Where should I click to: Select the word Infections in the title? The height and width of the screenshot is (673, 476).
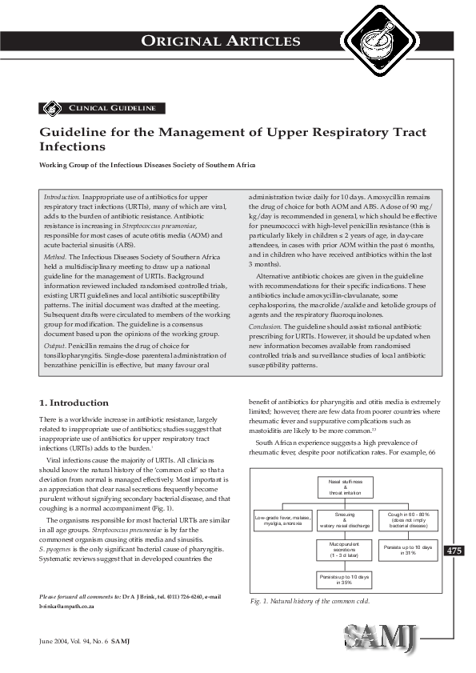coord(72,147)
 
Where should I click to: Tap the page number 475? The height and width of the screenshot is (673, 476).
coord(454,528)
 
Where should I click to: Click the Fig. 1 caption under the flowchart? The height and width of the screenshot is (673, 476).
coord(309,600)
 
